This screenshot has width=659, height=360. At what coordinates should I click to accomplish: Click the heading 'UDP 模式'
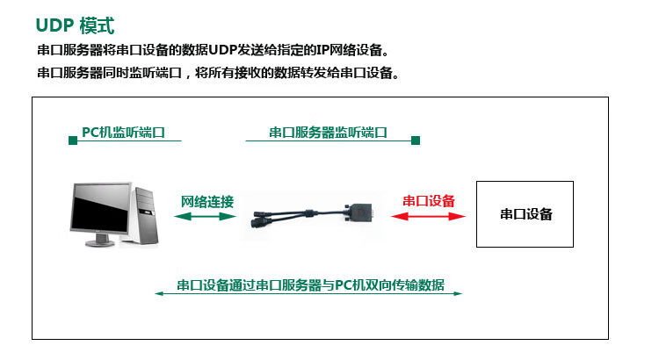pyautogui.click(x=74, y=25)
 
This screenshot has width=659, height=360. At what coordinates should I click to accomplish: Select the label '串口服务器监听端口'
pyautogui.click(x=328, y=133)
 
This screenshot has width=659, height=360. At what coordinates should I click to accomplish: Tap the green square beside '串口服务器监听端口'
pyautogui.click(x=416, y=140)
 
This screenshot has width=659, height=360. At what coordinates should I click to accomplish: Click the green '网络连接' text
pyautogui.click(x=207, y=201)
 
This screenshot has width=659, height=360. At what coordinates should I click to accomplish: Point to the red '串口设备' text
pyautogui.click(x=429, y=201)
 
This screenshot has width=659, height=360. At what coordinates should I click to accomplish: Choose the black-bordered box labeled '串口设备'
pyautogui.click(x=525, y=213)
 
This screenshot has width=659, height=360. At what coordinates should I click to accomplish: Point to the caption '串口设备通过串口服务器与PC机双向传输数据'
pyautogui.click(x=310, y=284)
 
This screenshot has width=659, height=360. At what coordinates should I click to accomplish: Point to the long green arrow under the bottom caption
pyautogui.click(x=308, y=293)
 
